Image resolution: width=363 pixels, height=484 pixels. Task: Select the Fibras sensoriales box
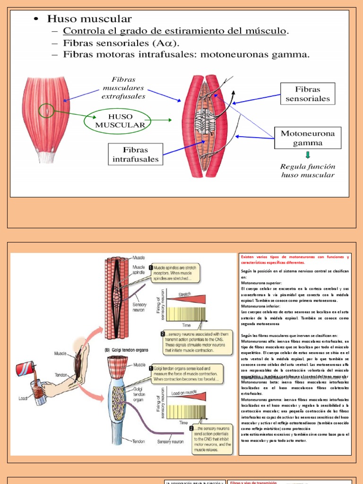(308, 94)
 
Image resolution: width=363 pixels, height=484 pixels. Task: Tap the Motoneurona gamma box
(308, 138)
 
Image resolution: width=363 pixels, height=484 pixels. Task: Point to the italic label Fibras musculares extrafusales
(123, 88)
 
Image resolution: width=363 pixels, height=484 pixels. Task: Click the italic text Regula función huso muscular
(308, 171)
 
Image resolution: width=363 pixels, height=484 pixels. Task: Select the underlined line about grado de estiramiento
(175, 31)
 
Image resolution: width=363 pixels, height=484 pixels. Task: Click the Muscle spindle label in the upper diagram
(139, 270)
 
